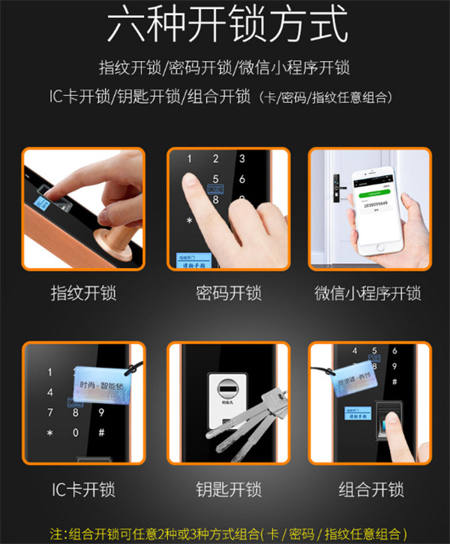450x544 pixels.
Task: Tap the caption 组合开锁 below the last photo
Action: click(x=370, y=490)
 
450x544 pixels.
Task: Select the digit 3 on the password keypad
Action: click(x=242, y=159)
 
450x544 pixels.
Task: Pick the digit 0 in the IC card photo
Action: click(x=75, y=434)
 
